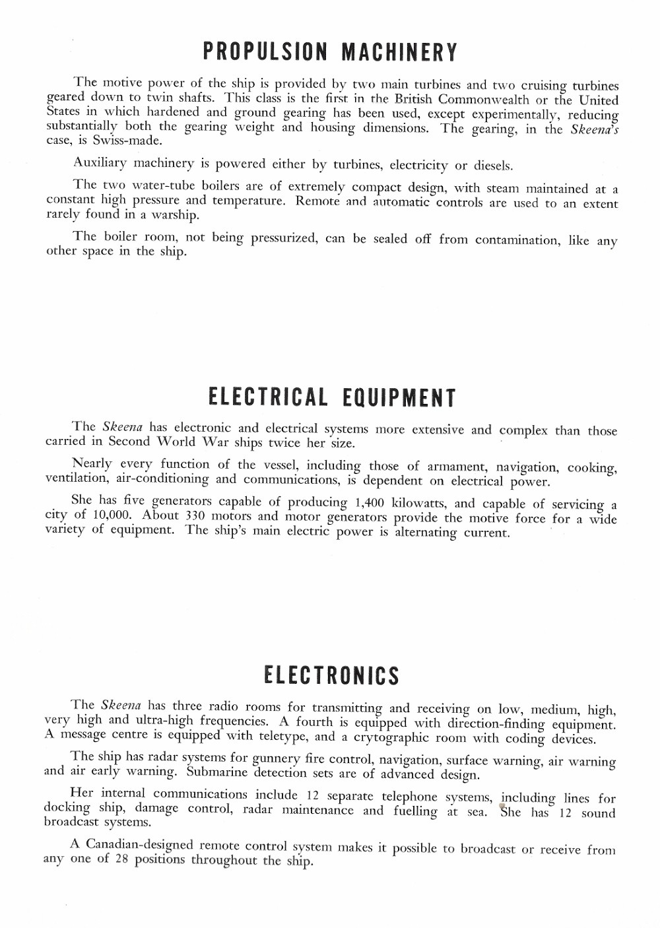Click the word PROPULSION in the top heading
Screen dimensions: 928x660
(265, 51)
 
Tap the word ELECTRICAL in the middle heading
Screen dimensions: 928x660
(268, 397)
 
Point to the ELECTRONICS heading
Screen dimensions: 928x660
(331, 675)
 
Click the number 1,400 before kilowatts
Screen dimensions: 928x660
(370, 503)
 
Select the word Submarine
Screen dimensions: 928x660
(217, 772)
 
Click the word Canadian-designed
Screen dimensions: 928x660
(139, 844)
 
